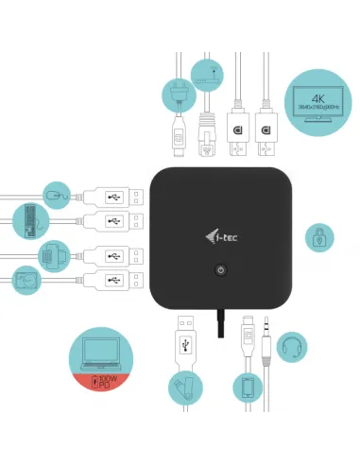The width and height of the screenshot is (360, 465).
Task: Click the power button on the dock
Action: coord(220,269)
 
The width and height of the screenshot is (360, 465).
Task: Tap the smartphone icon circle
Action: coord(247,387)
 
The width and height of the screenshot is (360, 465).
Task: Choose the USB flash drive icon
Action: coord(183,387)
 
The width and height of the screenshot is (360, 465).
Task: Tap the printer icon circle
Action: coord(54,254)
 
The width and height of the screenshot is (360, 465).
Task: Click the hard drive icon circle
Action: coord(25,280)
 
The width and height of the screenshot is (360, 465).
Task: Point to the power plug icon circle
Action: coord(180,92)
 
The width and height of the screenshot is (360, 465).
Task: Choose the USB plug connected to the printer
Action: coord(113,254)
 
